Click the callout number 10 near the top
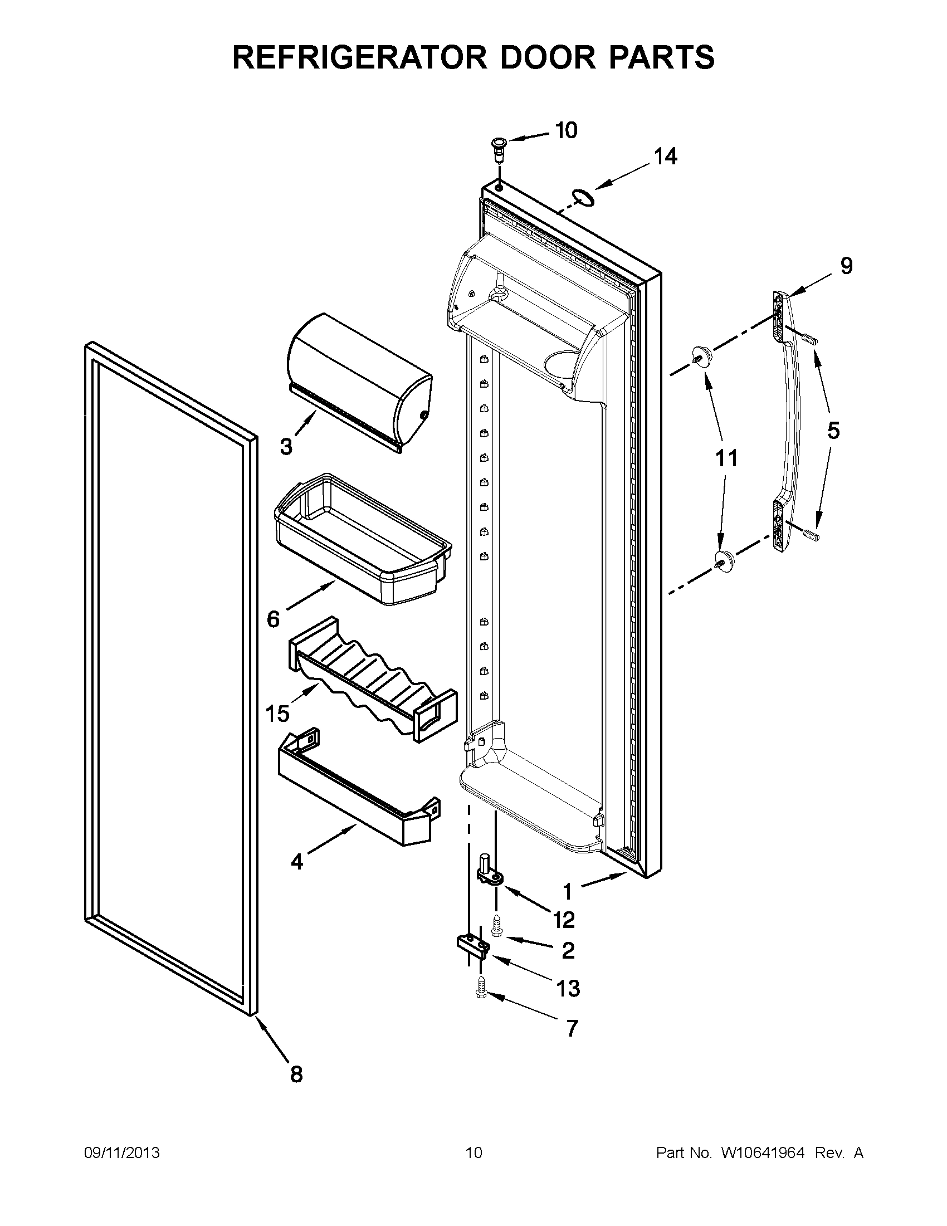(x=566, y=130)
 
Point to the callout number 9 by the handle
(x=846, y=266)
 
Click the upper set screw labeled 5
(x=809, y=339)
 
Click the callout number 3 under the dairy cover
(x=286, y=447)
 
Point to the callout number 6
(x=273, y=619)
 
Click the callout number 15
(x=277, y=714)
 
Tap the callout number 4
(x=297, y=861)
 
